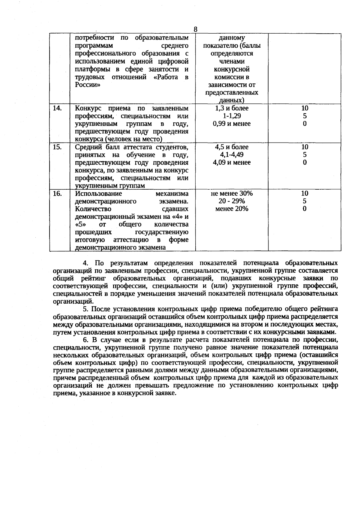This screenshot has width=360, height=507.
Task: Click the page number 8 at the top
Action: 195,29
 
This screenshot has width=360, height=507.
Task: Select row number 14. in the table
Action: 57,108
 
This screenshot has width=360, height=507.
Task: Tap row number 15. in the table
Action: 57,147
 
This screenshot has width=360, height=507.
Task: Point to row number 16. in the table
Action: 57,193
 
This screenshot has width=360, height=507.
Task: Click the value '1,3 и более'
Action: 232,108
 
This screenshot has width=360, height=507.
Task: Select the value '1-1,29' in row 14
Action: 232,116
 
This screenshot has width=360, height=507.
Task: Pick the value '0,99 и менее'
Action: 232,124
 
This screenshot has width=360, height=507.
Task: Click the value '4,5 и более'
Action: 232,147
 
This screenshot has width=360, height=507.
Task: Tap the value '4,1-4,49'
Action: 232,155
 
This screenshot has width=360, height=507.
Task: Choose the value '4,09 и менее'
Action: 232,162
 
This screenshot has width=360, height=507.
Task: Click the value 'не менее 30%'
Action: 232,193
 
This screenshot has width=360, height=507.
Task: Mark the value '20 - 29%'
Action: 232,201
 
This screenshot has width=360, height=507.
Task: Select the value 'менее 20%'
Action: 232,209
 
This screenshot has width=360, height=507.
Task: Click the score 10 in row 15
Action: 304,147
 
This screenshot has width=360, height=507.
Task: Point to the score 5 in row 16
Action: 304,201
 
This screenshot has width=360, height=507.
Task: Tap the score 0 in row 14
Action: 304,124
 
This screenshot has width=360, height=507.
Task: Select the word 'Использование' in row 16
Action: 98,193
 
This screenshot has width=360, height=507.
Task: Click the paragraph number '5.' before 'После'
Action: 86,309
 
